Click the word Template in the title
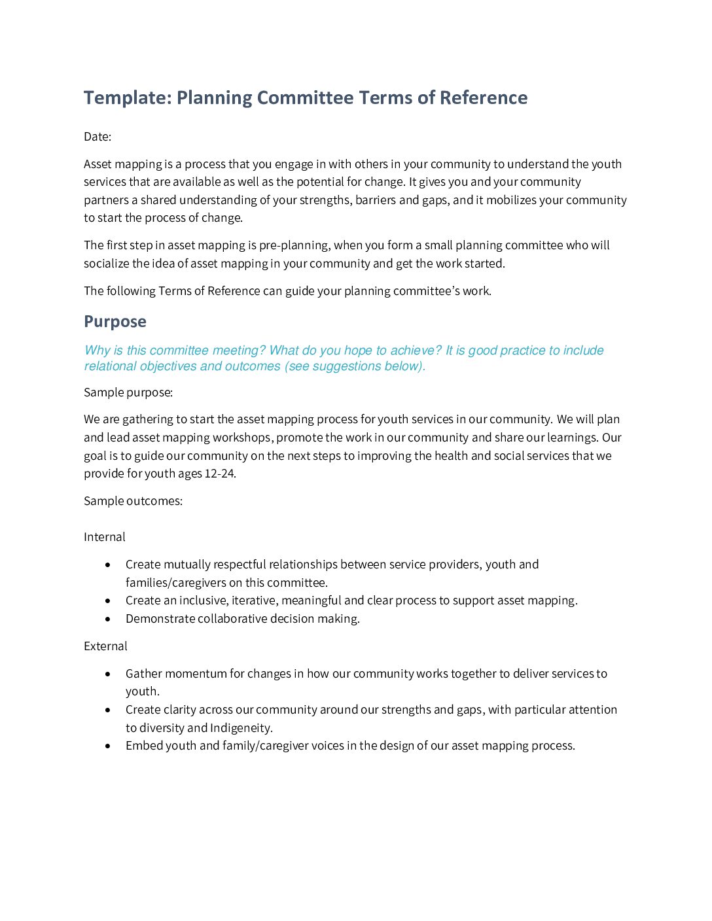pyautogui.click(x=128, y=97)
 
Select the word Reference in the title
pyautogui.click(x=484, y=97)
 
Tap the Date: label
pyautogui.click(x=98, y=136)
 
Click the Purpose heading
pyautogui.click(x=115, y=321)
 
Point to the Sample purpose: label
pyautogui.click(x=128, y=392)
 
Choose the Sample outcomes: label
pyautogui.click(x=133, y=501)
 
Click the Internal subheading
pyautogui.click(x=105, y=537)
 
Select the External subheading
pyautogui.click(x=105, y=646)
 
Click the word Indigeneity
pyautogui.click(x=240, y=728)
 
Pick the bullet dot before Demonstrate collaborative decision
pyautogui.click(x=108, y=619)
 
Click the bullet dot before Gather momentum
pyautogui.click(x=108, y=674)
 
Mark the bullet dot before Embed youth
pyautogui.click(x=108, y=746)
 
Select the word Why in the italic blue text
pyautogui.click(x=97, y=351)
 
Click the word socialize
pyautogui.click(x=107, y=264)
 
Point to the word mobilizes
pyautogui.click(x=511, y=200)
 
